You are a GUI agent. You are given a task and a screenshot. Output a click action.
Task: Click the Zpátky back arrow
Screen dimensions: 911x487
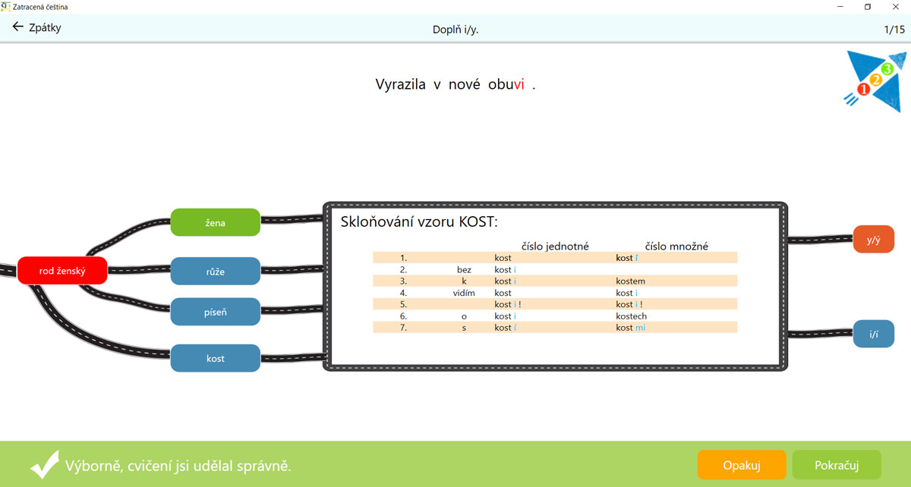point(17,27)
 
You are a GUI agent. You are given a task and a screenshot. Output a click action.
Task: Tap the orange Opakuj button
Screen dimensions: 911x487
point(742,465)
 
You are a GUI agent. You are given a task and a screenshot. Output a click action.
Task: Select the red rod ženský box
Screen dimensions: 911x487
point(62,271)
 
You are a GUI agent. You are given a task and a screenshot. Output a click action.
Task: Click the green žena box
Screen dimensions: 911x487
point(215,222)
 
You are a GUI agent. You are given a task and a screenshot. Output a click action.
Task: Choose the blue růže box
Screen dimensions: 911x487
point(215,271)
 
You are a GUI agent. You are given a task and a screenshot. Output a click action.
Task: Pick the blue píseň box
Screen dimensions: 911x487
point(215,312)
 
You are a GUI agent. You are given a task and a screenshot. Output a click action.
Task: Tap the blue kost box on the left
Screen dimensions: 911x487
point(215,358)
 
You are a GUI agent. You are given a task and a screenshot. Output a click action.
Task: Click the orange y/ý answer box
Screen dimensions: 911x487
point(873,240)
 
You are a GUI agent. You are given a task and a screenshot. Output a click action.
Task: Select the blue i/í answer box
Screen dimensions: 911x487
point(873,334)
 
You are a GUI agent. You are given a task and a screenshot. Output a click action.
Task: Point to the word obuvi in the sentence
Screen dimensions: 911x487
point(506,84)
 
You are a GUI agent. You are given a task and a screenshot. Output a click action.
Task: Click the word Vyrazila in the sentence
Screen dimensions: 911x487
point(400,84)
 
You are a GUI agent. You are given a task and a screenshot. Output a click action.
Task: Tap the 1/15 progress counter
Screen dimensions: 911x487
point(894,30)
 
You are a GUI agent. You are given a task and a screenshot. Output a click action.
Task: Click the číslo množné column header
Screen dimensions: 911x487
point(676,246)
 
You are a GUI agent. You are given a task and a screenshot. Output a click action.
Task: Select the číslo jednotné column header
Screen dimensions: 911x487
point(555,246)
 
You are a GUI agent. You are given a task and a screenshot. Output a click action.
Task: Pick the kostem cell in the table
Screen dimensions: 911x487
point(630,281)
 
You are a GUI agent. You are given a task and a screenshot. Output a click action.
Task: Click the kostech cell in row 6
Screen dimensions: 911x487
point(631,316)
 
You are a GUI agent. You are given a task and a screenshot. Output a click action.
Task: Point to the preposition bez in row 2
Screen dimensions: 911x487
point(464,269)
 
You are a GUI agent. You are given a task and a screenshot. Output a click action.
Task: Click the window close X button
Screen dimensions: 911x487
point(896,7)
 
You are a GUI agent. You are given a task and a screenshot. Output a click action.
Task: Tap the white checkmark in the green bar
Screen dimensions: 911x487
point(45,464)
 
